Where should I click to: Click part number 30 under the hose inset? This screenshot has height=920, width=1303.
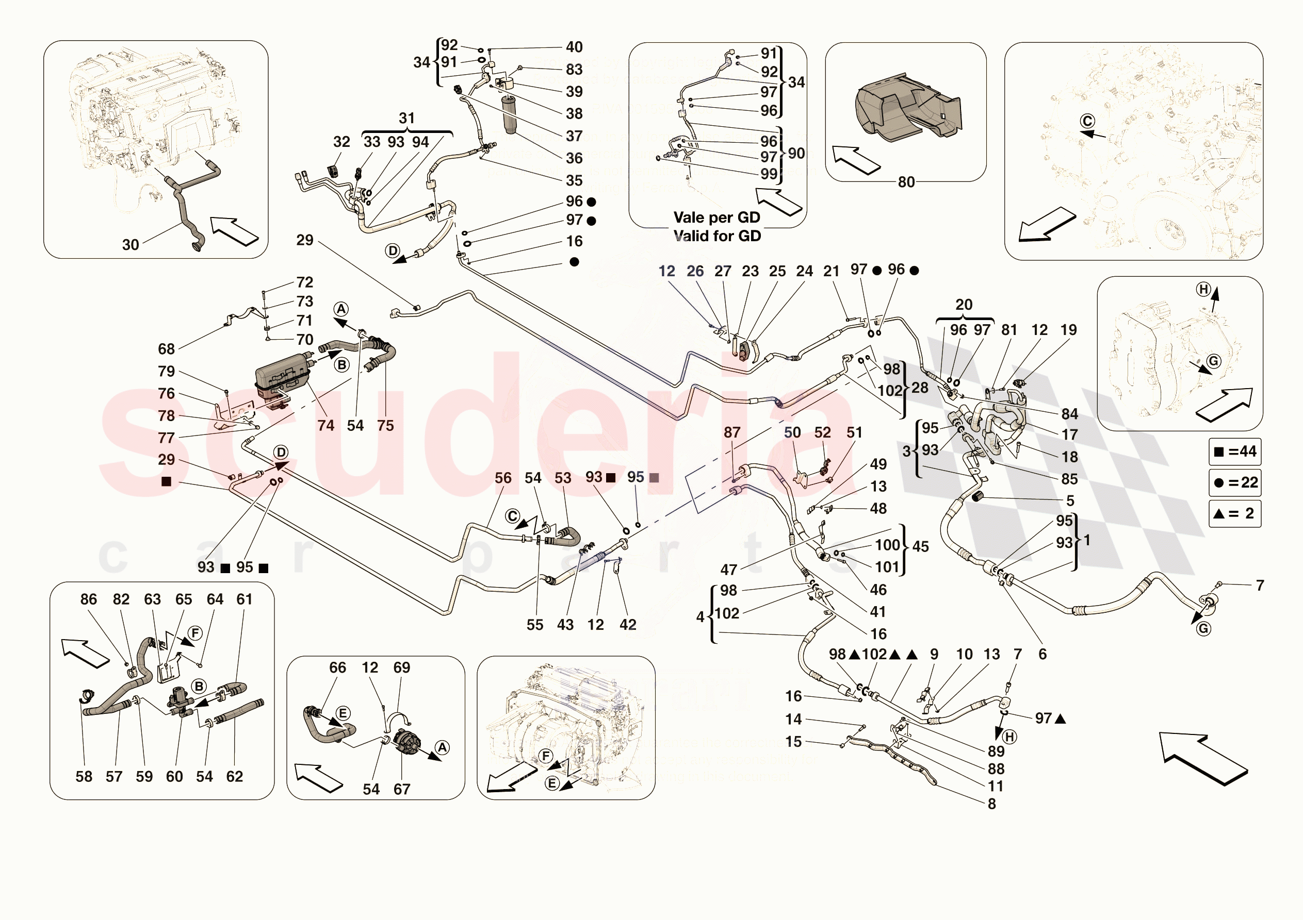pyautogui.click(x=130, y=244)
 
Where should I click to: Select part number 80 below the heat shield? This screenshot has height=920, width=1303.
pyautogui.click(x=906, y=182)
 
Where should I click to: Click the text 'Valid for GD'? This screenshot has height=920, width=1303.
pyautogui.click(x=717, y=236)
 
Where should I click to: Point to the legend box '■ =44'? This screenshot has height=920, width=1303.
pyautogui.click(x=1235, y=451)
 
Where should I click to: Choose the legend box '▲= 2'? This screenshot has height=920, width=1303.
pyautogui.click(x=1235, y=513)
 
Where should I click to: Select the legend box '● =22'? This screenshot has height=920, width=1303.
pyautogui.click(x=1235, y=483)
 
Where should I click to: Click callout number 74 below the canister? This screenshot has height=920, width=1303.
pyautogui.click(x=326, y=425)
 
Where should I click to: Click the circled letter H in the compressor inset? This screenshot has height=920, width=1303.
pyautogui.click(x=1203, y=289)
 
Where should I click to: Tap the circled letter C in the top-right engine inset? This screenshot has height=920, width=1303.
pyautogui.click(x=1087, y=121)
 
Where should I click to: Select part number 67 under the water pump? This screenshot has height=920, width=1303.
pyautogui.click(x=402, y=789)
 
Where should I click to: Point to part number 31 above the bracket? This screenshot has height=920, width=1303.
pyautogui.click(x=406, y=118)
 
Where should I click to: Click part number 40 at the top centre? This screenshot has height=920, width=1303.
pyautogui.click(x=574, y=47)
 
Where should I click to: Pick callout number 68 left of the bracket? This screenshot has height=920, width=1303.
pyautogui.click(x=166, y=349)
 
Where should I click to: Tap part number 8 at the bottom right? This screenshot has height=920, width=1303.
pyautogui.click(x=991, y=804)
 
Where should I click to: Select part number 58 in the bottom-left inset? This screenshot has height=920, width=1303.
pyautogui.click(x=84, y=777)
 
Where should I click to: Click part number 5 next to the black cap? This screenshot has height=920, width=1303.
pyautogui.click(x=1070, y=501)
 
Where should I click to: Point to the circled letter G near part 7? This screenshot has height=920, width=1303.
pyautogui.click(x=1203, y=628)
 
